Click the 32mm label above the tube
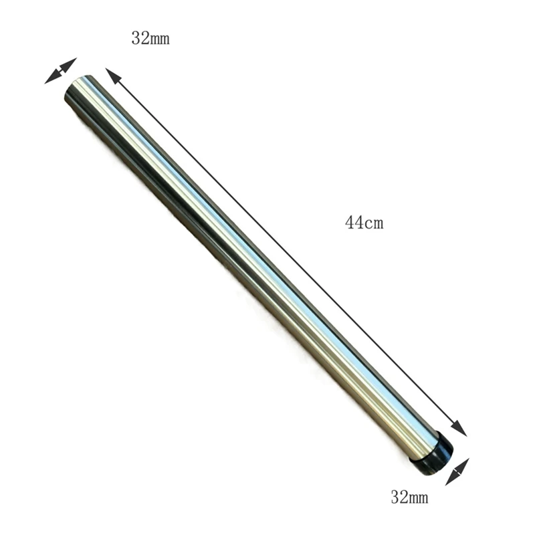click(x=150, y=39)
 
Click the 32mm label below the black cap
click(x=409, y=497)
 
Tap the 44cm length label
click(x=364, y=223)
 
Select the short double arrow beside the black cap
click(x=457, y=471)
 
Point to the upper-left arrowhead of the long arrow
click(x=112, y=74)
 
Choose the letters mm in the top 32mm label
click(x=160, y=39)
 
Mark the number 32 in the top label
click(x=140, y=39)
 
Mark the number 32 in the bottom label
click(x=399, y=497)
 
